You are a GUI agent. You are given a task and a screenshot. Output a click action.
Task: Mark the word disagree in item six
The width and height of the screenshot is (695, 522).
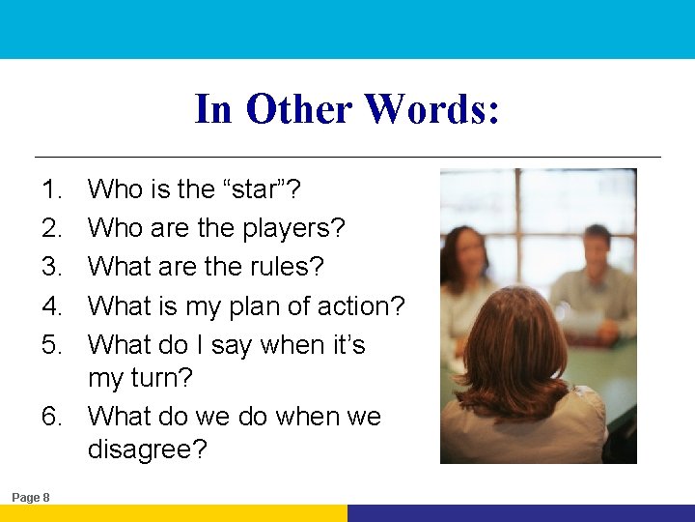point(147,450)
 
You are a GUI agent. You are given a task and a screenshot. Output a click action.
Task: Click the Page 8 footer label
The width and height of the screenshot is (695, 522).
point(31,497)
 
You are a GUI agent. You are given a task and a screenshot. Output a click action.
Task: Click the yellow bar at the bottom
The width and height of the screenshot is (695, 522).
point(174,513)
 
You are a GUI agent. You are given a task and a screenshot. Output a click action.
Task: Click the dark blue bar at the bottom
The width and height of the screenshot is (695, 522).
point(521,513)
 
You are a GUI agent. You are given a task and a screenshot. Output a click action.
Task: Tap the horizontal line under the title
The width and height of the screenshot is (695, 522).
point(347,157)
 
